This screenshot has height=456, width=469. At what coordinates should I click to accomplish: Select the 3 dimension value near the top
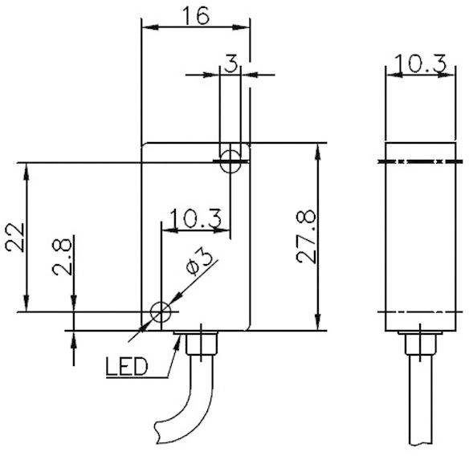tap(231, 63)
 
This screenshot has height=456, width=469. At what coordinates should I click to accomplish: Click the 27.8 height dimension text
tap(305, 238)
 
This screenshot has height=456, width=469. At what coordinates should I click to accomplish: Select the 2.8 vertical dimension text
tap(63, 257)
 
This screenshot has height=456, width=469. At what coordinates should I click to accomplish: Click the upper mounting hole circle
tap(231, 159)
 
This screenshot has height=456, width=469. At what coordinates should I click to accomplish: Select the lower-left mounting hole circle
tap(162, 311)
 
